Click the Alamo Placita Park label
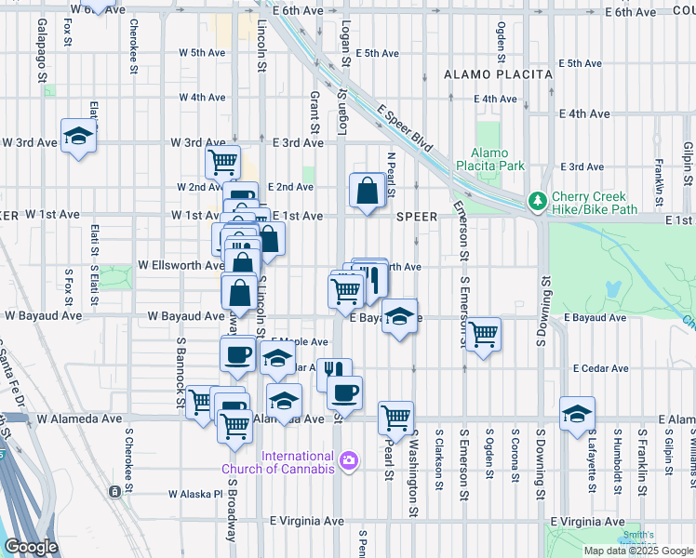pos(489,159)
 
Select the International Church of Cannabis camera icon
pos(349,460)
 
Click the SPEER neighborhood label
pos(416,216)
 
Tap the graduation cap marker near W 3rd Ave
pos(79,138)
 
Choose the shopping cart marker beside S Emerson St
pos(483,333)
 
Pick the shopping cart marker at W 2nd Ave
pos(222,162)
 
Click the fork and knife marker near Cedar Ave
pos(333,373)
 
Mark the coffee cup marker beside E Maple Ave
pos(237,354)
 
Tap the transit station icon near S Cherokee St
pos(114,490)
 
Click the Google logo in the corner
pos(31,548)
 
